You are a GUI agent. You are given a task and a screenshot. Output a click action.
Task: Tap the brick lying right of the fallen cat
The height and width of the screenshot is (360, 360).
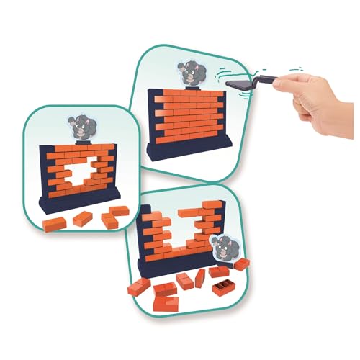click(241, 264)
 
